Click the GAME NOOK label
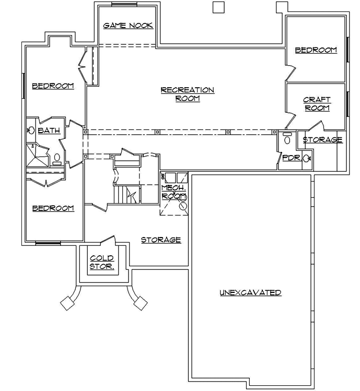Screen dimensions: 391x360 point(128,25)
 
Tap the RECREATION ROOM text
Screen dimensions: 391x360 point(187,94)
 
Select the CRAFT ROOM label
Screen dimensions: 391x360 point(317,104)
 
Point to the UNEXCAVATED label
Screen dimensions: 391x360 point(250,293)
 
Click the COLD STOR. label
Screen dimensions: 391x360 point(102,262)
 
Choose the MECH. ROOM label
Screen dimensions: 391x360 point(174,192)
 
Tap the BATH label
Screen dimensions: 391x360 point(48,131)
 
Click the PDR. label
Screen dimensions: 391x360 point(291,158)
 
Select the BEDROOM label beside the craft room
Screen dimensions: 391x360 point(316,50)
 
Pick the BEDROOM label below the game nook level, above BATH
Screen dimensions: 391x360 point(53,86)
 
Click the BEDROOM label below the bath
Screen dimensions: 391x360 point(53,208)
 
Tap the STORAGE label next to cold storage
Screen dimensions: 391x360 point(161,240)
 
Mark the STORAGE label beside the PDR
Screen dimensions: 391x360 point(322,140)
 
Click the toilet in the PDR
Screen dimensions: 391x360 point(286,139)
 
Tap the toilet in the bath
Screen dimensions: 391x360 point(57,157)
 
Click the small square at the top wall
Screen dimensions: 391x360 point(218,7)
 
